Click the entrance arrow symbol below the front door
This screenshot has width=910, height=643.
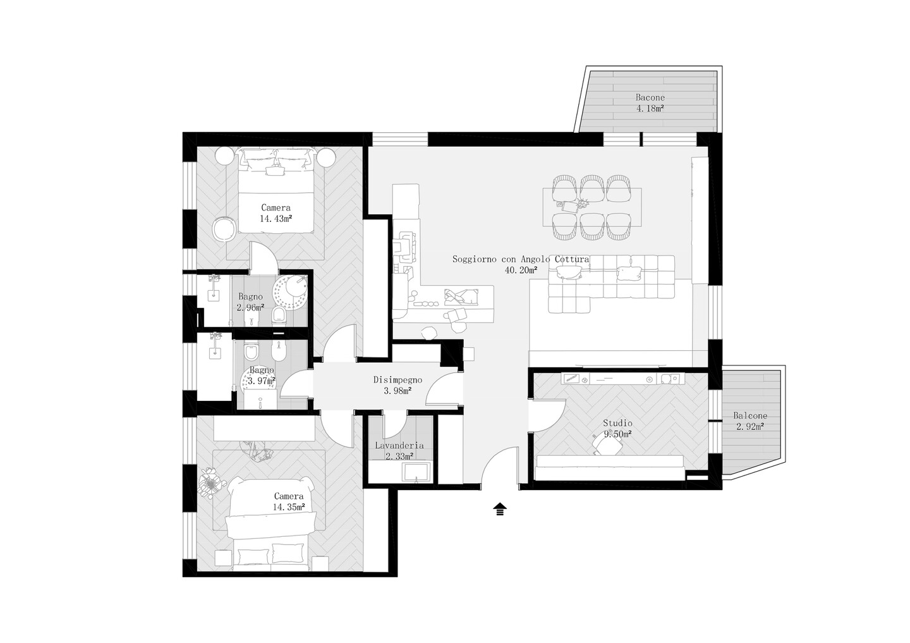[x=500, y=509]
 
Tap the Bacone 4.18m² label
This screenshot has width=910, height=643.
[x=650, y=103]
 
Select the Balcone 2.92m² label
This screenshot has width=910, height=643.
[x=750, y=420]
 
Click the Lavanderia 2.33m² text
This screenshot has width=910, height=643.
[x=399, y=451]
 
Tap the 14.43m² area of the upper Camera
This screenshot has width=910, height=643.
[x=276, y=219]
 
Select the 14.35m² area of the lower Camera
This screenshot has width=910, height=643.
[x=289, y=507]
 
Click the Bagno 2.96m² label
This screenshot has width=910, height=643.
[x=250, y=302]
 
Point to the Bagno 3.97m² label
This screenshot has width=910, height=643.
[x=262, y=376]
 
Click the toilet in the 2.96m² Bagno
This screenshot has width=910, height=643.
[x=279, y=315]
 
